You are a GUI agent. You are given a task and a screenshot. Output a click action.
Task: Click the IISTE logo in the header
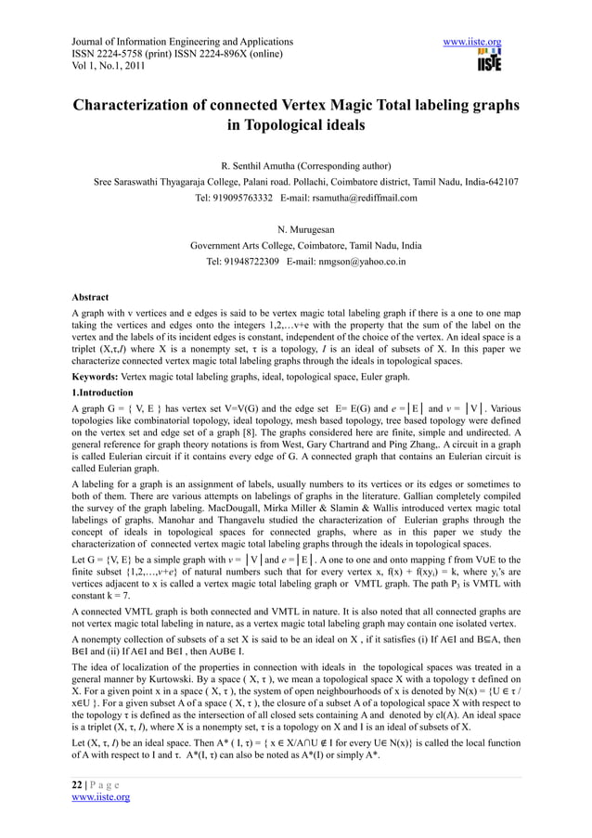(489, 62)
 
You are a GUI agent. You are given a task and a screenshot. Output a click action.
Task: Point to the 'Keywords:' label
(97, 379)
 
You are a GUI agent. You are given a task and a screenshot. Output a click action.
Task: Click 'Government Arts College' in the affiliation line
(242, 246)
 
